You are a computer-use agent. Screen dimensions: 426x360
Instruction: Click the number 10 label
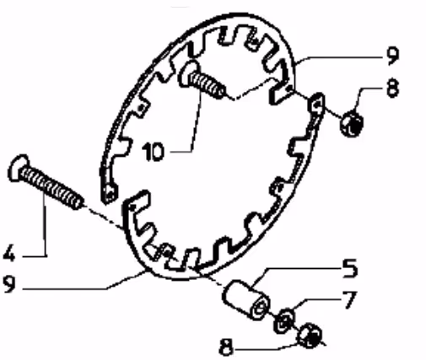point(153,152)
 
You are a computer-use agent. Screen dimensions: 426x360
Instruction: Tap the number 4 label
point(8,254)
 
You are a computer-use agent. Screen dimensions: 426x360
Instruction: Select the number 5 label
point(349,268)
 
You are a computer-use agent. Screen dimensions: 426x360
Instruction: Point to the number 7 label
point(349,299)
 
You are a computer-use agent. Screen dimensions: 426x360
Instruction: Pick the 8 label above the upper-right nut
point(393,88)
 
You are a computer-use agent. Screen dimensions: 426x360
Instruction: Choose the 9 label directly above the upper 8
point(392,56)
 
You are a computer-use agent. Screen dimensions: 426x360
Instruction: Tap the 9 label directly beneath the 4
point(8,284)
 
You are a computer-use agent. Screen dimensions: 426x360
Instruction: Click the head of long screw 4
point(19,168)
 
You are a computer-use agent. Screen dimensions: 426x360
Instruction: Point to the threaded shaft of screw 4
point(51,188)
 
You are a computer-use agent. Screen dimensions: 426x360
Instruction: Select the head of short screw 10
point(186,73)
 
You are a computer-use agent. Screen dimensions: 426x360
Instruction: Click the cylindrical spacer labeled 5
point(245,299)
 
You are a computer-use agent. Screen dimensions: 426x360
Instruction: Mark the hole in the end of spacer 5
point(261,308)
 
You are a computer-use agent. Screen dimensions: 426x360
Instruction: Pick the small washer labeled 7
point(284,321)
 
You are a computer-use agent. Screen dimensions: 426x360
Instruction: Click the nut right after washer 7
point(310,336)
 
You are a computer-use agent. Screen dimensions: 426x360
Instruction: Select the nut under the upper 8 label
point(352,123)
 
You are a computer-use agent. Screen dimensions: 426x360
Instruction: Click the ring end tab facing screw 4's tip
point(137,203)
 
